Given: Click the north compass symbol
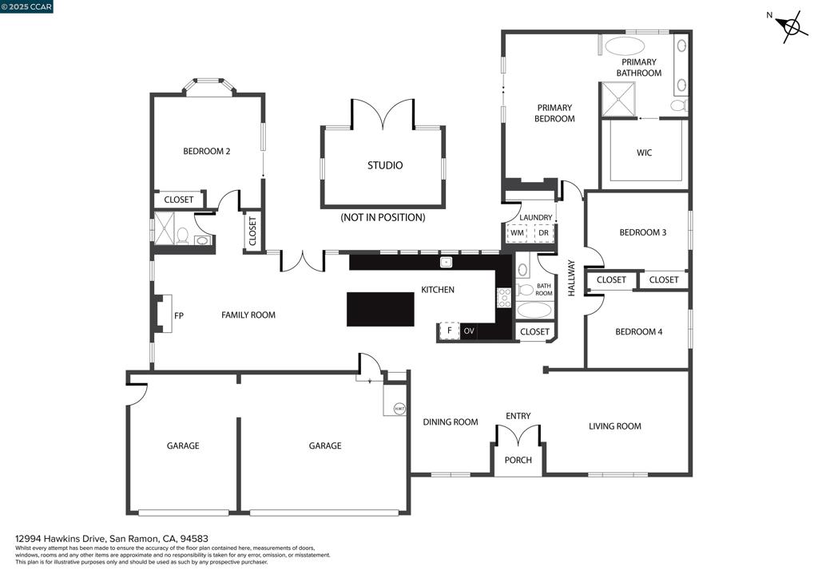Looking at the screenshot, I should pyautogui.click(x=791, y=28).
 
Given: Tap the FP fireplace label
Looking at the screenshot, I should pyautogui.click(x=179, y=315).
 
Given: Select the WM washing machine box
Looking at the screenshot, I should pyautogui.click(x=517, y=232).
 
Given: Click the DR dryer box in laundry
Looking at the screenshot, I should pyautogui.click(x=543, y=232).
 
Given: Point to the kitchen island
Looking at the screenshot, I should pyautogui.click(x=380, y=309).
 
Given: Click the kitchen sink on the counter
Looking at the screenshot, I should pyautogui.click(x=447, y=262).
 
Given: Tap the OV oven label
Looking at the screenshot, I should pyautogui.click(x=469, y=331).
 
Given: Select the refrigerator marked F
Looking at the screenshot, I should pyautogui.click(x=449, y=331).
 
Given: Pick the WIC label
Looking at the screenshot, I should pyautogui.click(x=644, y=152).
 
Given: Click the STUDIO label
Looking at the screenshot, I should pyautogui.click(x=385, y=165).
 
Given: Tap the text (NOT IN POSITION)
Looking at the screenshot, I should pyautogui.click(x=383, y=217).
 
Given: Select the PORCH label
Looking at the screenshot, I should pyautogui.click(x=518, y=460).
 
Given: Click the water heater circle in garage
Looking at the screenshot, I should pyautogui.click(x=399, y=408).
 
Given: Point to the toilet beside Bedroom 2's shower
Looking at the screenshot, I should pyautogui.click(x=182, y=236).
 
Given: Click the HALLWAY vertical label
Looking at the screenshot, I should pyautogui.click(x=572, y=279).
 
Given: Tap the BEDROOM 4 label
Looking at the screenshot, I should pyautogui.click(x=638, y=331).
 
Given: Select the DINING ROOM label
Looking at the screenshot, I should pyautogui.click(x=451, y=422).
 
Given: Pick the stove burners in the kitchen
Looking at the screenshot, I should pyautogui.click(x=504, y=298).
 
